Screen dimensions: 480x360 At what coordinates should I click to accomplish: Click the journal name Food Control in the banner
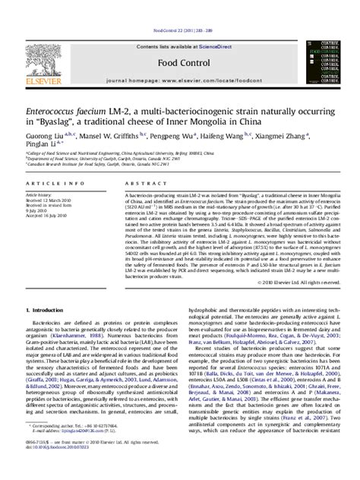(178, 40)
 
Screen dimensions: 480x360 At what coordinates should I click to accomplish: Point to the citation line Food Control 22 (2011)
(179, 8)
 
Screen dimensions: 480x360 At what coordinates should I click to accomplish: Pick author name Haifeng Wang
(219, 108)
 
